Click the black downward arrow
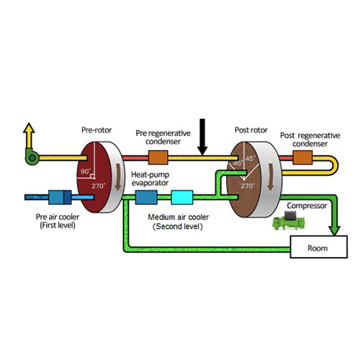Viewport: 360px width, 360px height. point(202,137)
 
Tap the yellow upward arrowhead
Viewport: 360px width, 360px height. point(29,128)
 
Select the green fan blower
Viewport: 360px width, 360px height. point(32,157)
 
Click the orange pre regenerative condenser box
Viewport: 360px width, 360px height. point(158,158)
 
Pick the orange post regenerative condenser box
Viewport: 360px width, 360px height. point(302,158)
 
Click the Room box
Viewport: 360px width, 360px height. point(319,247)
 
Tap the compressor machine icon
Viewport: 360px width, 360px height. point(289,220)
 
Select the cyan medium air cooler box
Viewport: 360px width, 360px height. point(182,197)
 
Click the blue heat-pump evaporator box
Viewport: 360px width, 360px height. point(146,197)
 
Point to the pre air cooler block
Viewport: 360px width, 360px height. point(60,197)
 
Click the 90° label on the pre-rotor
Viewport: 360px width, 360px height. point(86,171)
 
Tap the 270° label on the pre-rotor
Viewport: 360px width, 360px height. point(99,186)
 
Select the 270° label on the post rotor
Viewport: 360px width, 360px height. point(248,186)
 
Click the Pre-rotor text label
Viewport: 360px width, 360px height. point(96,130)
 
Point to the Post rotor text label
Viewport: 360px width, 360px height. point(251,130)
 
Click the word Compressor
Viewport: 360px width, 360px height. point(307,206)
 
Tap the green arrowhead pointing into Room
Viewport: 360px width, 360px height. point(334,230)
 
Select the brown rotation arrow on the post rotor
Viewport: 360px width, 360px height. point(271,177)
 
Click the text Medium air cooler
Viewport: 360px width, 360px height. point(179,217)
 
